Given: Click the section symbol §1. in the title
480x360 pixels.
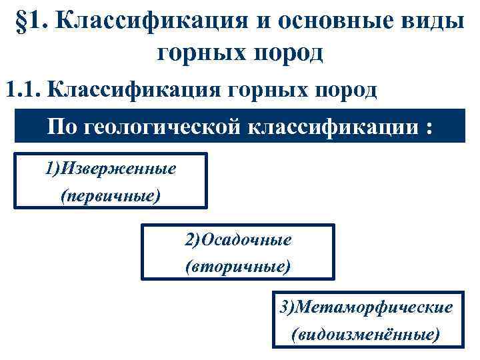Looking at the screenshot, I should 32,23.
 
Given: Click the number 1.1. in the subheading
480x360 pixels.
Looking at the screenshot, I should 23,89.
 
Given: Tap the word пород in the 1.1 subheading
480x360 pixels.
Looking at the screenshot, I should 339,89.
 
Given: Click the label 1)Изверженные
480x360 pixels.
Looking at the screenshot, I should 111,169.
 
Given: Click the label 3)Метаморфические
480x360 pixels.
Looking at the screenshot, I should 366,307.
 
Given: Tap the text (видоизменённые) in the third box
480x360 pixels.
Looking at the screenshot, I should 366,333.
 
